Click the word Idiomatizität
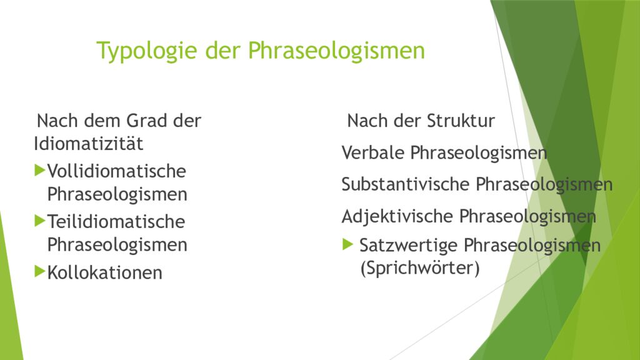click(88, 144)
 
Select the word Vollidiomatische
click(117, 171)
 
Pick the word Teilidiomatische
click(116, 222)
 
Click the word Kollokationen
click(104, 272)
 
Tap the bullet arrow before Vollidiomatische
click(41, 169)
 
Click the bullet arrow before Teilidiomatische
click(41, 221)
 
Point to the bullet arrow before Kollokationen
click(41, 271)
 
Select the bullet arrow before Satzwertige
click(348, 245)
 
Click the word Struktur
click(461, 121)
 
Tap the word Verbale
click(373, 152)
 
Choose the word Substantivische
click(406, 184)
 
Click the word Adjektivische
click(397, 216)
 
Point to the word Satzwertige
click(409, 246)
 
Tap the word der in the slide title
click(224, 51)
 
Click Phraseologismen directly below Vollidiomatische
click(117, 194)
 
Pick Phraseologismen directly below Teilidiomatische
click(117, 245)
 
